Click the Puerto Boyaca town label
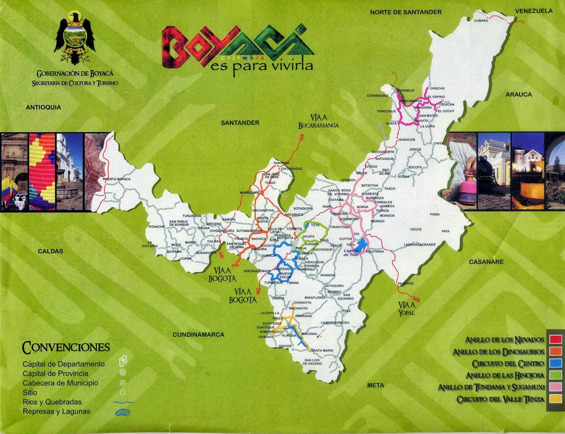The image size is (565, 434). (x=117, y=179)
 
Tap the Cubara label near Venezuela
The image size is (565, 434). (x=481, y=20)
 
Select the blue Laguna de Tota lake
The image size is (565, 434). (x=361, y=244)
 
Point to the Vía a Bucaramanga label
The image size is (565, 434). (x=318, y=121)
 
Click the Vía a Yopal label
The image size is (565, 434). (x=406, y=309)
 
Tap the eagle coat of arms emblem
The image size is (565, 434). (x=75, y=38)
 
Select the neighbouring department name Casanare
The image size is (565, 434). (x=486, y=262)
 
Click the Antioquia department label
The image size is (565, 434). (x=43, y=107)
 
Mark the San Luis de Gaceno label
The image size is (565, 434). (x=313, y=362)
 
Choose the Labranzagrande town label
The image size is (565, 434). (x=420, y=245)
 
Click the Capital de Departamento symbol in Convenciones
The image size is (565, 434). (x=123, y=361)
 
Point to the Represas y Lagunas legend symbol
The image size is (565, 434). (x=123, y=412)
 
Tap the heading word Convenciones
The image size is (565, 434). (x=66, y=347)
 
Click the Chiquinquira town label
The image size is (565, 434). (x=222, y=231)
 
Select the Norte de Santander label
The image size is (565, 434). (x=405, y=12)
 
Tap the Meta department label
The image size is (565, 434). (x=375, y=385)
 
